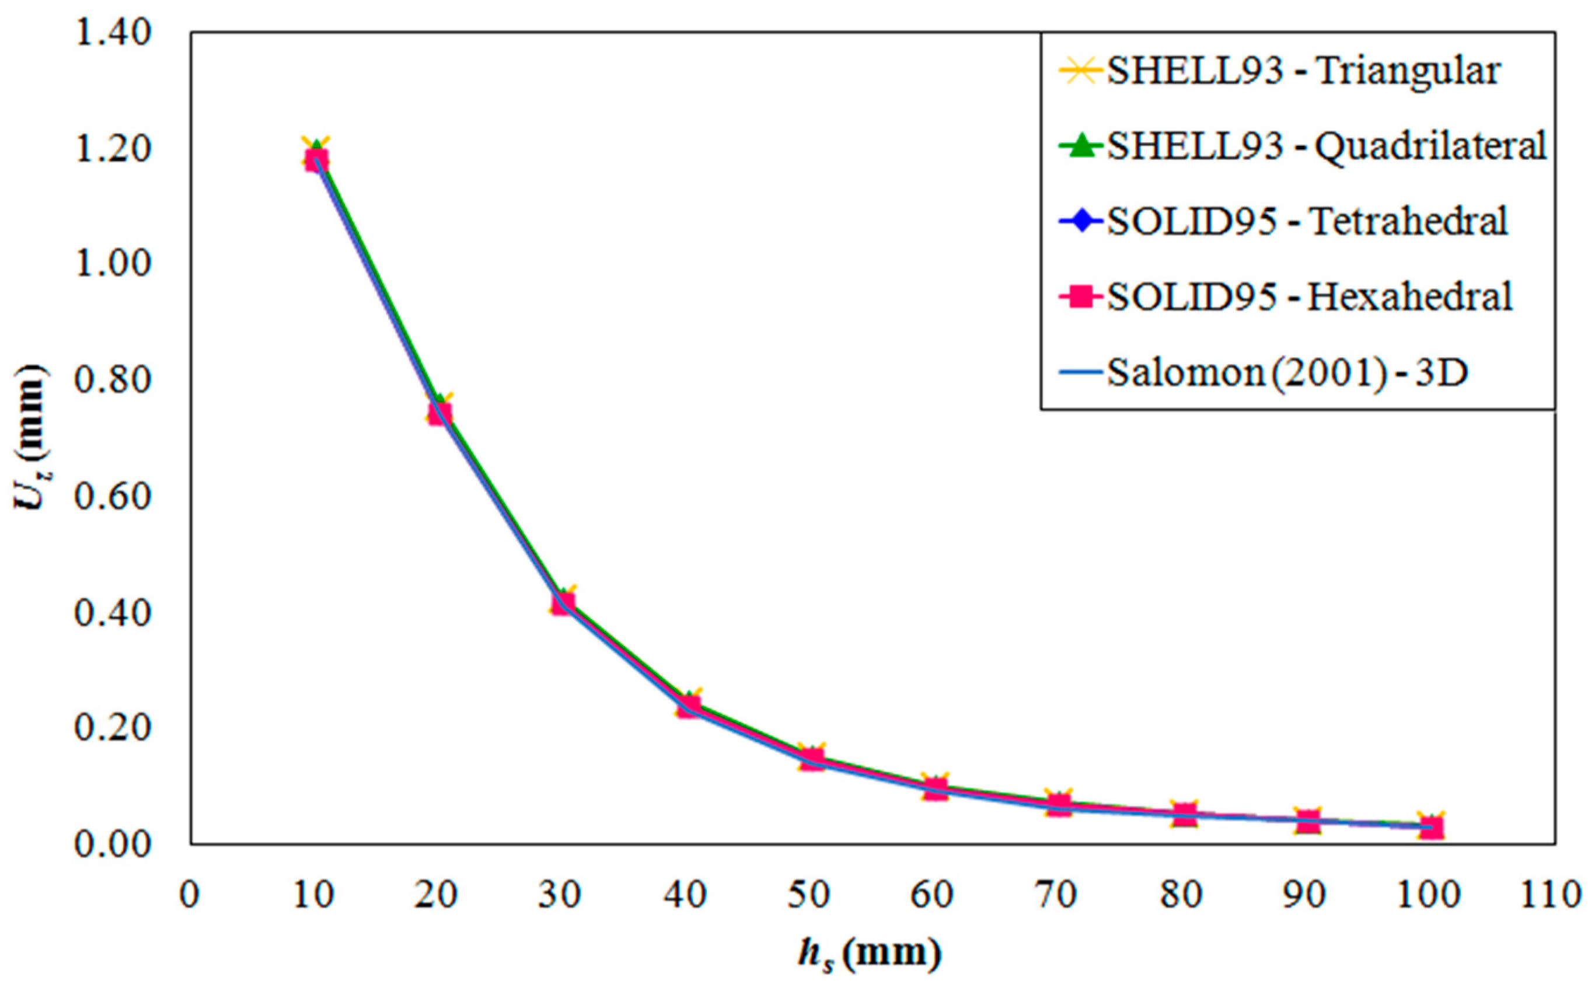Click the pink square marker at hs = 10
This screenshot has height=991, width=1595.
316,159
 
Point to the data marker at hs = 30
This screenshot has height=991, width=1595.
563,602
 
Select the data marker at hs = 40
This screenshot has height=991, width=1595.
687,707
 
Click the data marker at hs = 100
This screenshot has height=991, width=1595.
1431,827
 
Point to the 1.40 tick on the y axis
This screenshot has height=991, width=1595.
113,33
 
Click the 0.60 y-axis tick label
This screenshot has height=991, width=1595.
113,496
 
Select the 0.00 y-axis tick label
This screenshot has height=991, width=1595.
113,844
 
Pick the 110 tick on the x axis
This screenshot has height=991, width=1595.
1554,894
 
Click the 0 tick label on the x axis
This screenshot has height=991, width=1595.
190,894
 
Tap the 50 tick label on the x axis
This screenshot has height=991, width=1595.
811,894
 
